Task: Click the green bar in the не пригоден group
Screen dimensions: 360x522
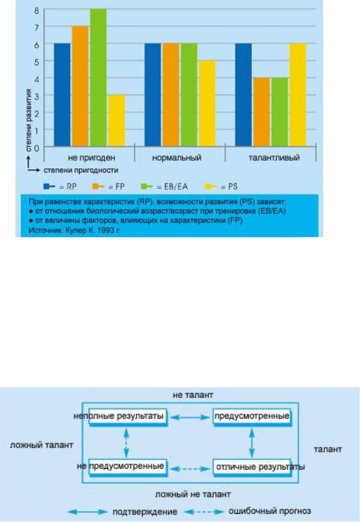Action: [98, 78]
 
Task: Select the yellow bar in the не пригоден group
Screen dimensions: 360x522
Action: [116, 121]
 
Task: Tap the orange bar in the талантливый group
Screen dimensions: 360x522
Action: [262, 112]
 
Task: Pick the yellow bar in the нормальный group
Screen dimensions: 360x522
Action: [207, 103]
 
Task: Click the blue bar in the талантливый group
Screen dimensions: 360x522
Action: [244, 95]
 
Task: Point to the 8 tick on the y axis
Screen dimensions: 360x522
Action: [37, 10]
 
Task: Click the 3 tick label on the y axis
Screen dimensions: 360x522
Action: [37, 96]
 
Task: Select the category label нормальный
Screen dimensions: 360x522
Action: [177, 158]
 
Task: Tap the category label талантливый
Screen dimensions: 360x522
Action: [274, 158]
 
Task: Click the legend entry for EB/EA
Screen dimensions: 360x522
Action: [165, 187]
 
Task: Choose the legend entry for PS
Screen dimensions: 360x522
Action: [221, 187]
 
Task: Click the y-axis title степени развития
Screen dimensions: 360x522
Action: [29, 120]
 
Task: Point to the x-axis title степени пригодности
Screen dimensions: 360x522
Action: [81, 170]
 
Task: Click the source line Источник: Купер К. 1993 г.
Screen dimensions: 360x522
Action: [74, 230]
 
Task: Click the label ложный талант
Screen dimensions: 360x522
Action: [41, 445]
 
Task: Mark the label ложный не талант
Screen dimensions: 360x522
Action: [193, 494]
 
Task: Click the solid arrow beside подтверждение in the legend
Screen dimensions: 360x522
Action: [88, 511]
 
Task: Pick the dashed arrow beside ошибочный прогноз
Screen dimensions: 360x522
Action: [204, 511]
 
